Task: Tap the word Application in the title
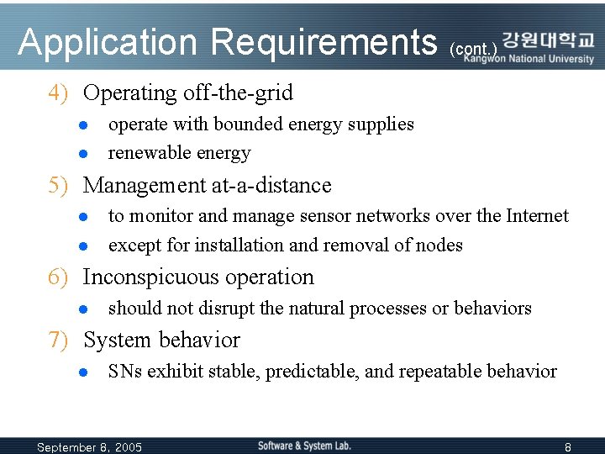click(x=109, y=42)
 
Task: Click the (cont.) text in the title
click(x=474, y=50)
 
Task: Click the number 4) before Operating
click(x=58, y=92)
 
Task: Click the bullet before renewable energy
click(x=84, y=154)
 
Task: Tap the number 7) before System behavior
click(x=58, y=340)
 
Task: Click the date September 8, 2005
click(x=90, y=447)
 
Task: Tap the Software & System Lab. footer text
click(x=304, y=446)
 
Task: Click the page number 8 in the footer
click(x=568, y=447)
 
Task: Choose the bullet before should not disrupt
click(x=84, y=309)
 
